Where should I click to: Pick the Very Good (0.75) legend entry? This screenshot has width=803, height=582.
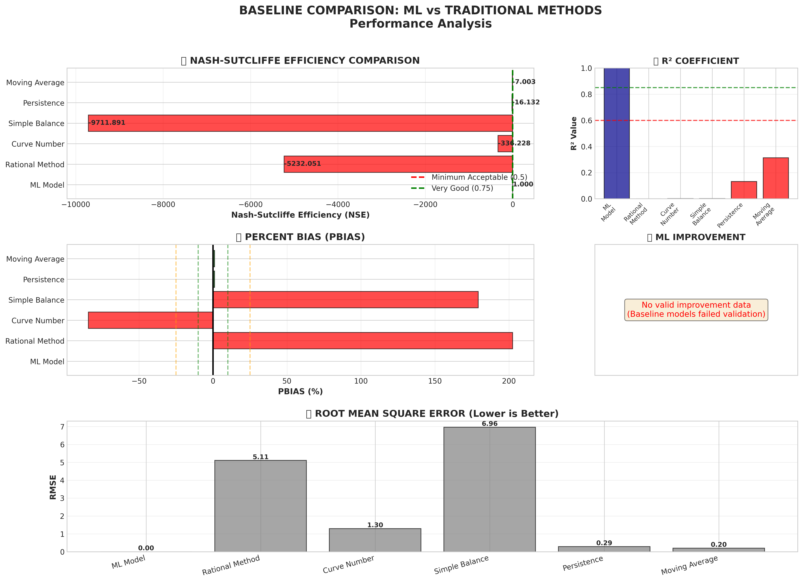pos(462,188)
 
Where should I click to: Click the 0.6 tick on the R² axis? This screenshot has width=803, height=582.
pos(586,121)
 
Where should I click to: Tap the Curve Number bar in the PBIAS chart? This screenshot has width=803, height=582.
pos(151,320)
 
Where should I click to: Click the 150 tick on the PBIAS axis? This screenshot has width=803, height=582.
pos(435,381)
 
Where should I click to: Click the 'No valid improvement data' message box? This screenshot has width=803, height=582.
pos(696,310)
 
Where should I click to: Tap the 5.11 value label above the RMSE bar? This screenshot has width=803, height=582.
pos(261,457)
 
